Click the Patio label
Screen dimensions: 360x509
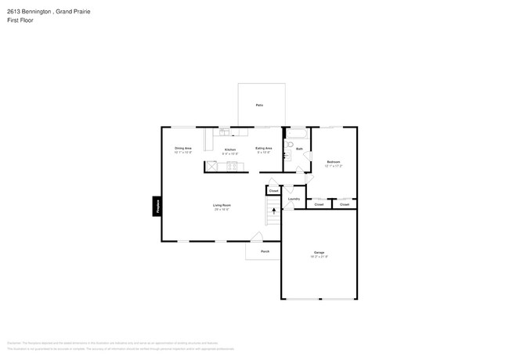coord(259,105)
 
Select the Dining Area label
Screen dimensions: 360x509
coord(183,148)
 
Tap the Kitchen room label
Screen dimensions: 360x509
coord(230,149)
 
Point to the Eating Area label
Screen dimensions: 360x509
coord(264,148)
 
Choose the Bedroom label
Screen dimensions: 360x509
coord(334,161)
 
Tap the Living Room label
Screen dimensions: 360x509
coord(222,205)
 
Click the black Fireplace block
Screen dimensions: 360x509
coord(157,207)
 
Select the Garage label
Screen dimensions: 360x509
coord(319,252)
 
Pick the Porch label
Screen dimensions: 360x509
coord(254,251)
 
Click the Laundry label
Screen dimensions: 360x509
coord(294,199)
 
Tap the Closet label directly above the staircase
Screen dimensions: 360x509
coord(273,190)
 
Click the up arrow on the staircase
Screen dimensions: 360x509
coord(273,209)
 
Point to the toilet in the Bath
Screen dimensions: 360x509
coord(289,146)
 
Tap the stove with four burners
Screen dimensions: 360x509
coord(232,165)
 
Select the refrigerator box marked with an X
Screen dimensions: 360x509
coord(211,165)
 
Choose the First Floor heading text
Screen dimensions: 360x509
coord(21,20)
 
